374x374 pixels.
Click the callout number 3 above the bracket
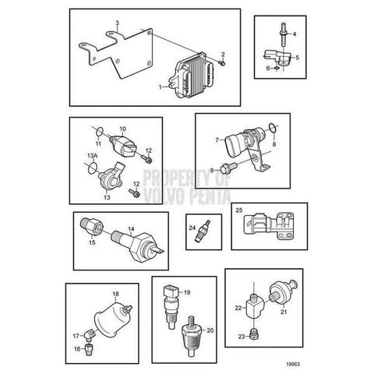(x=118, y=23)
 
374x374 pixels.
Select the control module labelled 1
(x=192, y=77)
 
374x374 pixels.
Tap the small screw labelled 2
(x=222, y=62)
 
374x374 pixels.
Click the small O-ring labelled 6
(x=277, y=69)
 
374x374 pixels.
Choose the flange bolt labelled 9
(x=228, y=167)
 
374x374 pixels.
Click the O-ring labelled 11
(x=100, y=132)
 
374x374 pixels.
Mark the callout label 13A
(x=92, y=156)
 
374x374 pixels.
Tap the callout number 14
(x=132, y=229)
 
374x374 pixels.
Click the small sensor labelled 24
(x=204, y=231)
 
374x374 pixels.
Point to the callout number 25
(x=238, y=210)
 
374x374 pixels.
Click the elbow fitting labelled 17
(x=90, y=335)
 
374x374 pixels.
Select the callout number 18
(x=115, y=294)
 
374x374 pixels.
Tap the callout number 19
(x=187, y=292)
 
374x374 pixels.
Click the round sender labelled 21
(x=284, y=292)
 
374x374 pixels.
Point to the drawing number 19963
(x=293, y=364)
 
